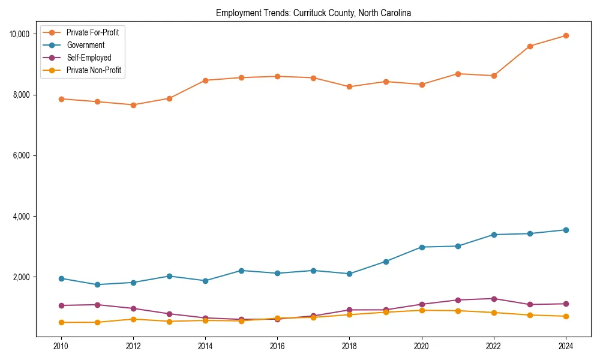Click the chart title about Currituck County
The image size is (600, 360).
313,13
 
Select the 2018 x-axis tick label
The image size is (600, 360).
349,346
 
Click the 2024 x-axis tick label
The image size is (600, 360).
566,346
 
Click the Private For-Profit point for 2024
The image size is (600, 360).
566,35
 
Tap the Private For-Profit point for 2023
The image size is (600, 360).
530,46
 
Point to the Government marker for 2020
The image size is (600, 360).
422,247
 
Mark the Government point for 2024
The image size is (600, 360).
566,230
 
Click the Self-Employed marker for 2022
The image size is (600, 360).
494,299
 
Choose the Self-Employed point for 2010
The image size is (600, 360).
61,305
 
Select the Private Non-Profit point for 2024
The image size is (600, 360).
566,316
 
